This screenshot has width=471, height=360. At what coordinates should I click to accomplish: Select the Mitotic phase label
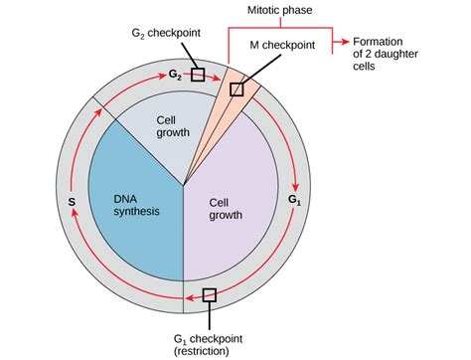tap(281, 11)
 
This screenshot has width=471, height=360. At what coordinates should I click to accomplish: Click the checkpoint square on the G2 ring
tap(198, 75)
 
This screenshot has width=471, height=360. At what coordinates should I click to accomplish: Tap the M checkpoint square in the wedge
tap(236, 90)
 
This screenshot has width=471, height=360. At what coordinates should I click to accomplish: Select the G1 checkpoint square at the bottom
tap(209, 294)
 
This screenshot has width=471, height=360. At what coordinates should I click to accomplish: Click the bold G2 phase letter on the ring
tap(174, 74)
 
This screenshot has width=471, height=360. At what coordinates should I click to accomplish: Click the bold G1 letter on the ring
tap(294, 200)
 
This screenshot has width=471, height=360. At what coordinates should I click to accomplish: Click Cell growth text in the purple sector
tap(226, 209)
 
